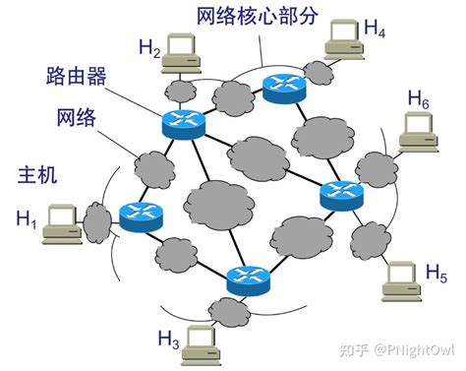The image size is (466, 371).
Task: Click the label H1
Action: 27,219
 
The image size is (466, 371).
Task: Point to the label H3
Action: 168,340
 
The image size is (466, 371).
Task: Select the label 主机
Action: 38,175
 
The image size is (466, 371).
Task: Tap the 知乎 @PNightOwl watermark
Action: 405,349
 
